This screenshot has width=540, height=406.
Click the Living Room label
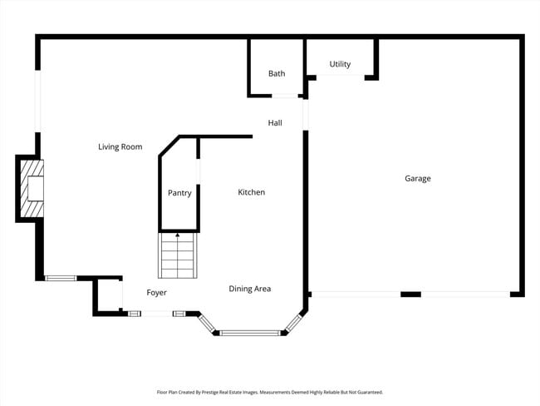pos(120,147)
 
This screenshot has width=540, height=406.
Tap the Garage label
pos(417,178)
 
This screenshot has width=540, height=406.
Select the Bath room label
pos(277,74)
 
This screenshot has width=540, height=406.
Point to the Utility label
pos(340,64)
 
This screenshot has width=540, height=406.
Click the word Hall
pos(275,123)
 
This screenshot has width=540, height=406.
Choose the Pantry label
pos(179,193)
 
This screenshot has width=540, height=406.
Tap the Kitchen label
pos(252,192)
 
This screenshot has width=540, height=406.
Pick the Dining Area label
pos(250,289)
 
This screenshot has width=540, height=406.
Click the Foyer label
pos(157,293)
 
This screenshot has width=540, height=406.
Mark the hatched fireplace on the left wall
pos(31,189)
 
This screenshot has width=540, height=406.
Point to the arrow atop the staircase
pos(177,236)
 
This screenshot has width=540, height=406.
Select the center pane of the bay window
pos(250,333)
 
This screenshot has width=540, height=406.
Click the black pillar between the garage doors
pos(410,294)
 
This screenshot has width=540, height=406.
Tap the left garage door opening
pos(356,294)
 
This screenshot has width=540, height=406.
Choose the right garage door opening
pos(465,294)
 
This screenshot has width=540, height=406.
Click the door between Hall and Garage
pos(305,115)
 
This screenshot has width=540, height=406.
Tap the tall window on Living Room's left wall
pos(37,101)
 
